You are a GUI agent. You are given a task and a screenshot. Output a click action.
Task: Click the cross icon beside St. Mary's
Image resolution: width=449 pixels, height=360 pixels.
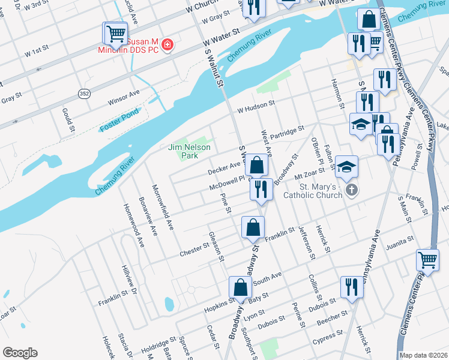tap(351, 190)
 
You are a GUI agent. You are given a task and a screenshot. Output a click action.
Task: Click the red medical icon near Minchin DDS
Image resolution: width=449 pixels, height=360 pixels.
tap(167, 45)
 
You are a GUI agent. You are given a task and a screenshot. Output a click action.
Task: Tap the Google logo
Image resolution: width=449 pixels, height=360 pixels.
tap(20, 353)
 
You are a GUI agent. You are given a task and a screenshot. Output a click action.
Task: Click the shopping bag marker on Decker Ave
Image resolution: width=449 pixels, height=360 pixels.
tap(256, 164)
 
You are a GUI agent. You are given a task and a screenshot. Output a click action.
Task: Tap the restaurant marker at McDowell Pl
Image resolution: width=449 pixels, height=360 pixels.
tap(261, 189)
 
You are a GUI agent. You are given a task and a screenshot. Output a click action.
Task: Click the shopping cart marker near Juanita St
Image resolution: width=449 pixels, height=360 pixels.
tap(427, 260)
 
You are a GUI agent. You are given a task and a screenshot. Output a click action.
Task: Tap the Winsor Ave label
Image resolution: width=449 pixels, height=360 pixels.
tap(124, 97)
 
